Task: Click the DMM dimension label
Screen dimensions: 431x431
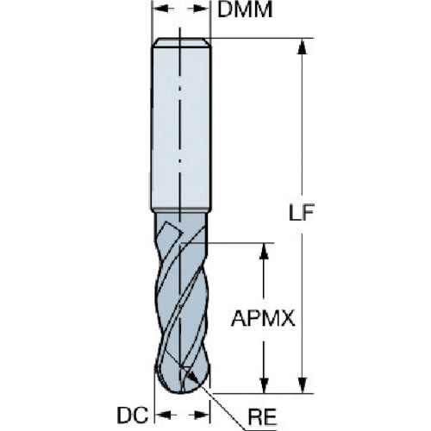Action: pos(245,10)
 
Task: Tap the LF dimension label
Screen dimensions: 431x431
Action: pos(302,213)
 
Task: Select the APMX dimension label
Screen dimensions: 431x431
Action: pos(263,319)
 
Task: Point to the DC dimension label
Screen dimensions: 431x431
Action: pos(133,415)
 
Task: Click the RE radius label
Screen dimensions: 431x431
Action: pos(262,416)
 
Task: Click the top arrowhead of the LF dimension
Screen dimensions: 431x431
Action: pos(302,47)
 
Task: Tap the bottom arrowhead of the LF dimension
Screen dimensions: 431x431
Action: pos(302,385)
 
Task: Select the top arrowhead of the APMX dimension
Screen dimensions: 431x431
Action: pos(264,252)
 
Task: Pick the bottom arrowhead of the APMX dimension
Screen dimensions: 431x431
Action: pos(264,385)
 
